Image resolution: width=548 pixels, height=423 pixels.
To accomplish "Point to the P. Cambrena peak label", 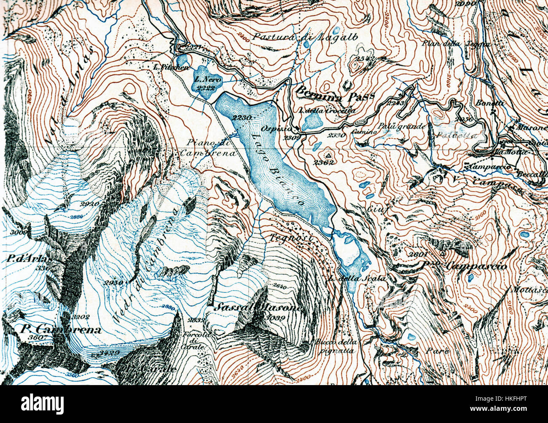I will [x=60, y=329].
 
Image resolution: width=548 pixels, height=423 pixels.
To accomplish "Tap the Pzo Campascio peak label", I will [x=464, y=266].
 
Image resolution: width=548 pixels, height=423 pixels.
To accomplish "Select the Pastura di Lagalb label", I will [x=305, y=37].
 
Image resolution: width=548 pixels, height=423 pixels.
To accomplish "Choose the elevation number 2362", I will [x=324, y=162].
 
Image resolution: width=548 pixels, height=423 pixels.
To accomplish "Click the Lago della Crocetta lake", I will [x=312, y=123].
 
